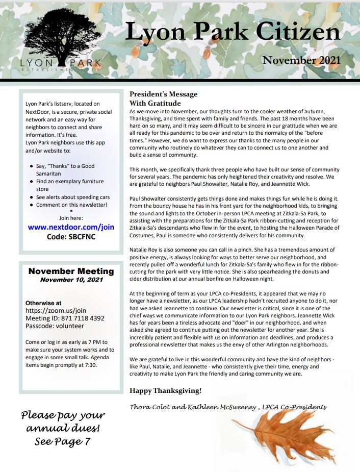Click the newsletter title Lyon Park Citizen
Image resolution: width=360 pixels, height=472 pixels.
point(232,32)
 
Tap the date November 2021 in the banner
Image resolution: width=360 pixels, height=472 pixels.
point(301,60)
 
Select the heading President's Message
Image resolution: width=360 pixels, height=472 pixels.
point(163,94)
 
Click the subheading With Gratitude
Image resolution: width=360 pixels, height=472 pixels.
point(155,103)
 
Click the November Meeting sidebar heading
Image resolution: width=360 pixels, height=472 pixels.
point(71,271)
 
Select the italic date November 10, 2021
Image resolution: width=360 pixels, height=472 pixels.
point(71,280)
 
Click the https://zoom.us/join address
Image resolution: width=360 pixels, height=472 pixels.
point(56,310)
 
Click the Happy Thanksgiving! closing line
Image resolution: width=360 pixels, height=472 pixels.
point(165,391)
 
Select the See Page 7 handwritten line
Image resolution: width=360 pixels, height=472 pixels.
point(62,441)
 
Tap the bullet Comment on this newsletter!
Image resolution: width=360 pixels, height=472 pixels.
point(71,205)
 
